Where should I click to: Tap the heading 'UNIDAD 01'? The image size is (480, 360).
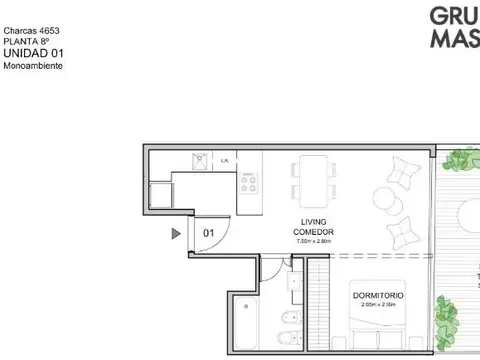(x=35, y=53)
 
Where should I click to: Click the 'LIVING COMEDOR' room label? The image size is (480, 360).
(x=315, y=227)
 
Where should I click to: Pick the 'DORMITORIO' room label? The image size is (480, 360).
(x=377, y=297)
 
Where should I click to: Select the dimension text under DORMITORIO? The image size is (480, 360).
(x=377, y=306)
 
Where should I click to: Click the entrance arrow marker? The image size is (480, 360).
(x=176, y=234)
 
